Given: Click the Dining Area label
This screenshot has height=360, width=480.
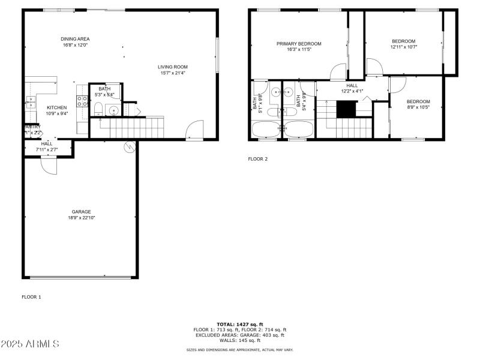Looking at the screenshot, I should coord(75,39).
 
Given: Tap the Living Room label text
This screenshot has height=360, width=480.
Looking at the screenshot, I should coord(173,67).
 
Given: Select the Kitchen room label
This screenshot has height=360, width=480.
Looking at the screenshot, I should coord(57,107).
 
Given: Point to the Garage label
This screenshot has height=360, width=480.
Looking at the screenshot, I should coord(81,212).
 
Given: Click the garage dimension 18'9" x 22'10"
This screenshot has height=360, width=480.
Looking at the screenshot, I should coord(81,218).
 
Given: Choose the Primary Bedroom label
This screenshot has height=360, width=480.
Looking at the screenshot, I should coord(298,43).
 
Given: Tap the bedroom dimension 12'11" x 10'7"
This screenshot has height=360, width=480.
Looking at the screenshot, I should coord(403,47).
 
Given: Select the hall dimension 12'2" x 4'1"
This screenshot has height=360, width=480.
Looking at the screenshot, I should coord(352,91).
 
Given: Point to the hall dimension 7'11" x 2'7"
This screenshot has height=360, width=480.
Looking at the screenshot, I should coord(47,149).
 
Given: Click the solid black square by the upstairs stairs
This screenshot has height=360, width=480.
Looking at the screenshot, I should coord(346,109).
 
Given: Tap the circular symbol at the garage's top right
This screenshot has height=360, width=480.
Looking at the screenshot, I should coord(128,146).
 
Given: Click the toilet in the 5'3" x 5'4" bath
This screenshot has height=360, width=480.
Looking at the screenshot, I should coord(98,109).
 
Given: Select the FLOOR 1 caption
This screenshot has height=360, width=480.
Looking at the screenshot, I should coord(32,297).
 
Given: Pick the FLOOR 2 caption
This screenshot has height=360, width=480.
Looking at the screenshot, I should coord(258,159).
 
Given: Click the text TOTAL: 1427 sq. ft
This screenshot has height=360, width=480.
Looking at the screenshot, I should coord(239,324).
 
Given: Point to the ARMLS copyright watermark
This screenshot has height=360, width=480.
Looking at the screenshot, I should coord(30,344).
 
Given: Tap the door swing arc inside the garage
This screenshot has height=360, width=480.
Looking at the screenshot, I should coord(49,166).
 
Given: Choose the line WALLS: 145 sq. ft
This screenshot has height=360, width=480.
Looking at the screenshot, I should coord(239,340).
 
